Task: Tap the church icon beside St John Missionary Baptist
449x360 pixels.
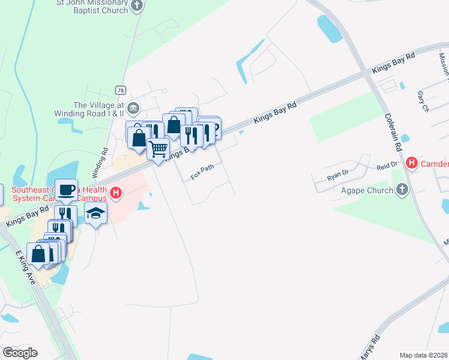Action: pyautogui.click(x=137, y=7)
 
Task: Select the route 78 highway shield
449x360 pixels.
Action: pyautogui.click(x=121, y=89)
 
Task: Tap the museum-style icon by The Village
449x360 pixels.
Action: pyautogui.click(x=134, y=109)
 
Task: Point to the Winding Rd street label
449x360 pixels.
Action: pyautogui.click(x=101, y=163)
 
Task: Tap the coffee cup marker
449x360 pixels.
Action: pyautogui.click(x=66, y=190)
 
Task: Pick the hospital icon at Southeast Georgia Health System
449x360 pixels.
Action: pyautogui.click(x=116, y=194)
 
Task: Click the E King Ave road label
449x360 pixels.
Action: pyautogui.click(x=26, y=268)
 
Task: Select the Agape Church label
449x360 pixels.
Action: pyautogui.click(x=366, y=191)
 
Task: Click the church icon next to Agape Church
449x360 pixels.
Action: pyautogui.click(x=402, y=191)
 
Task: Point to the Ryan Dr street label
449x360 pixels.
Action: pyautogui.click(x=337, y=175)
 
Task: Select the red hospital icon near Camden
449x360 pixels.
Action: pyautogui.click(x=412, y=163)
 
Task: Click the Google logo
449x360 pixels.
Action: pyautogui.click(x=20, y=352)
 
